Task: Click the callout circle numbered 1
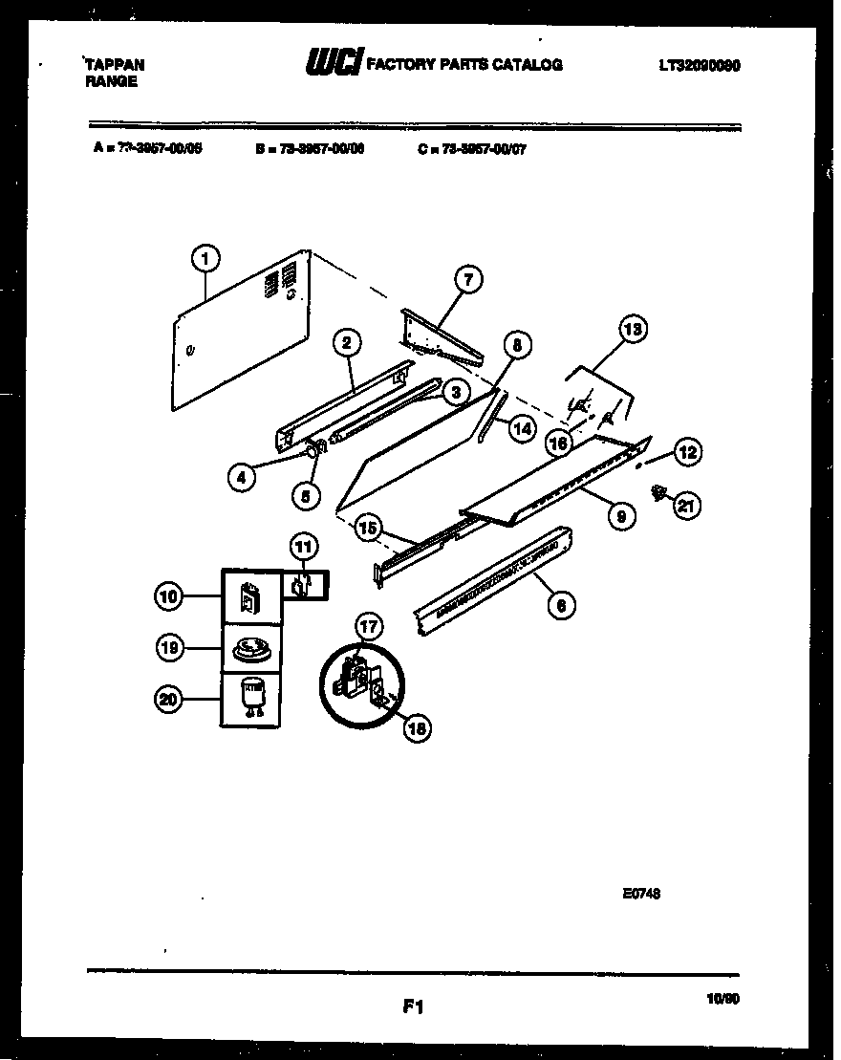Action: click(x=205, y=256)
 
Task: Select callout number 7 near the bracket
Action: click(x=466, y=280)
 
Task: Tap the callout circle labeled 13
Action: click(x=633, y=330)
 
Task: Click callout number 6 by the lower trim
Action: click(x=561, y=604)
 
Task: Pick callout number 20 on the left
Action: click(x=168, y=700)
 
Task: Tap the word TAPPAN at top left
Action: click(x=115, y=65)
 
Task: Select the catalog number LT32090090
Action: click(x=700, y=66)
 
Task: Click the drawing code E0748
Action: click(x=642, y=894)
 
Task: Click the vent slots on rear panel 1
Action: click(x=271, y=281)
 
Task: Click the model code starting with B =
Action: click(x=310, y=148)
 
